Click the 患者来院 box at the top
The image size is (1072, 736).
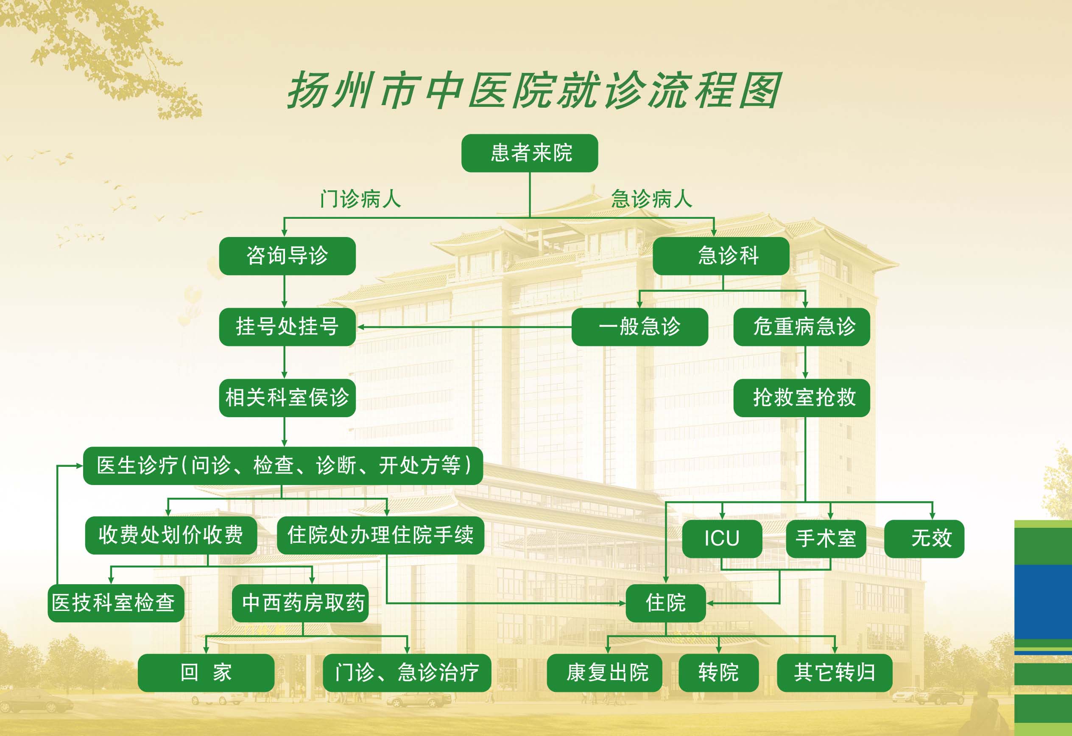coord(530,153)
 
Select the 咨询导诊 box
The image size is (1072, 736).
coord(287,256)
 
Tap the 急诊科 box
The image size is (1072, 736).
coord(720,256)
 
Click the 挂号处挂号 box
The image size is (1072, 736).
coord(287,327)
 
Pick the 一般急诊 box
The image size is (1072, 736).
coord(639,327)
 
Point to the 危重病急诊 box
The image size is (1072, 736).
coord(801,327)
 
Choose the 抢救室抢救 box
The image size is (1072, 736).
coord(801,398)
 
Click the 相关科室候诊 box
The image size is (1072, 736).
coord(287,398)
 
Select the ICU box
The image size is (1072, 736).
coord(722,538)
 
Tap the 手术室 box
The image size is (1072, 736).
coord(826,538)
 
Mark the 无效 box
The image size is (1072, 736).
coord(924,538)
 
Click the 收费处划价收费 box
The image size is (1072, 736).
coord(170,535)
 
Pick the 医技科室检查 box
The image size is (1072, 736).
coord(116,603)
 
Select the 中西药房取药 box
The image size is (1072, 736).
coord(300,603)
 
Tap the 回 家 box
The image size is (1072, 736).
coord(206,673)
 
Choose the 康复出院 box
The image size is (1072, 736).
coord(604,673)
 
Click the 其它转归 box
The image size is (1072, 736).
coord(835,673)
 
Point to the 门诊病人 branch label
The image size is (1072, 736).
coord(361,199)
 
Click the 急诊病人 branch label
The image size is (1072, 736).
coord(651,199)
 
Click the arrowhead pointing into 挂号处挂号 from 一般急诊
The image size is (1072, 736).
coord(361,327)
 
